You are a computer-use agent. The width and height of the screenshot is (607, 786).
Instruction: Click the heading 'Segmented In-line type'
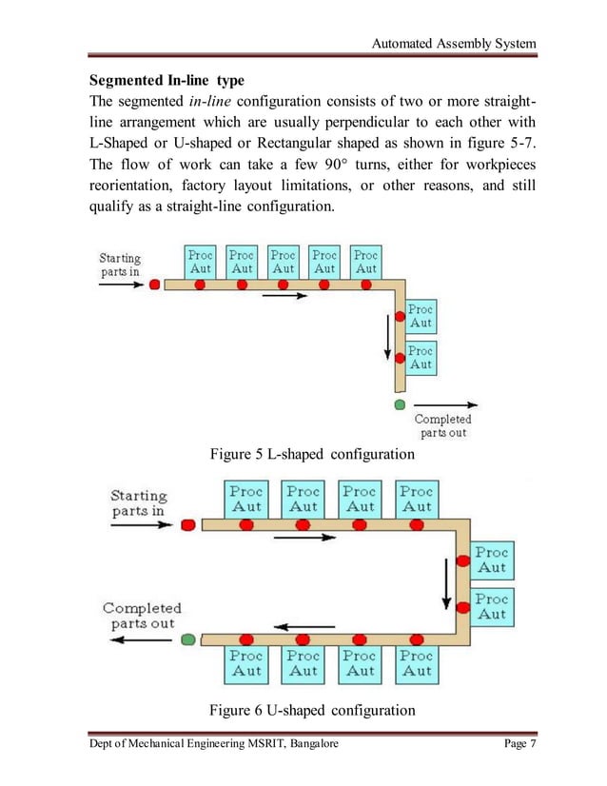click(x=166, y=79)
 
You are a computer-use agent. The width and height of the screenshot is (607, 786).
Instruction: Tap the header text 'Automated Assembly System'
click(x=453, y=44)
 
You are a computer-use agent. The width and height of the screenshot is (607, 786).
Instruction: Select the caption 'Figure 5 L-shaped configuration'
click(x=312, y=454)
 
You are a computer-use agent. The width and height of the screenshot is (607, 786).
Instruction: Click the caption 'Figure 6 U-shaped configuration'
click(x=312, y=710)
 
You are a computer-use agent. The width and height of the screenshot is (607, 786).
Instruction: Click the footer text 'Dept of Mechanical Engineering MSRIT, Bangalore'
click(x=214, y=743)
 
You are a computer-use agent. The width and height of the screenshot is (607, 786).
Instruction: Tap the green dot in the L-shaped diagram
click(x=400, y=405)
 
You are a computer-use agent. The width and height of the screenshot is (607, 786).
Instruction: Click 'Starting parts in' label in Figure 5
click(x=120, y=265)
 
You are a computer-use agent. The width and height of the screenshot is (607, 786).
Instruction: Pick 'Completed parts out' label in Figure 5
click(x=443, y=425)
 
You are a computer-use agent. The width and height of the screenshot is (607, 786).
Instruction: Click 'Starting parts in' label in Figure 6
click(x=138, y=502)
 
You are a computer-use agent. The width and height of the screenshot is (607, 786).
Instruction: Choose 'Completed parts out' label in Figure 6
click(x=141, y=616)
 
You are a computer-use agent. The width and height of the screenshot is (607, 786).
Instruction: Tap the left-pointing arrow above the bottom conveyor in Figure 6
click(x=304, y=626)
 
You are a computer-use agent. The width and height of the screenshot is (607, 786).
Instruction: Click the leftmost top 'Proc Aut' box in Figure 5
click(x=201, y=262)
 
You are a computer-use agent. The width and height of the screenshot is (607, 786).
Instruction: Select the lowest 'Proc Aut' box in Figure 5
click(x=421, y=358)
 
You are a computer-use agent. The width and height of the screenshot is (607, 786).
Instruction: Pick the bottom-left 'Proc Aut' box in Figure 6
click(x=246, y=663)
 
